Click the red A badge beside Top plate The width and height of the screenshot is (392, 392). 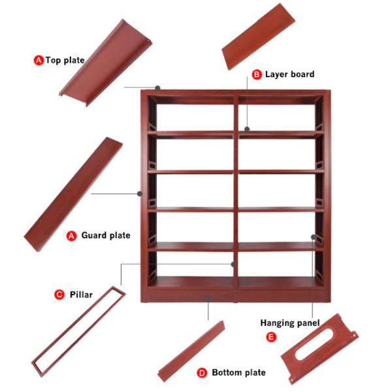[39, 60]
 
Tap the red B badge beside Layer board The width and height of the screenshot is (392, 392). [257, 74]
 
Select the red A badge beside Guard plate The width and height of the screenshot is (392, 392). [71, 236]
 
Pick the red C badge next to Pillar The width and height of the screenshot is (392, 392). [59, 295]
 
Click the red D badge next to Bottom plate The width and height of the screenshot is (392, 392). [202, 373]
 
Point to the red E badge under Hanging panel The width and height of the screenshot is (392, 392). [271, 337]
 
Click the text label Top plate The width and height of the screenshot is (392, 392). [65, 61]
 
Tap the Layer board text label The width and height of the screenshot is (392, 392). [289, 74]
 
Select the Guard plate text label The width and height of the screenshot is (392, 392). [106, 235]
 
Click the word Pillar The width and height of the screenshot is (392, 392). [81, 295]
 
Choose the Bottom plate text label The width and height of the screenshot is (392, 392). [238, 372]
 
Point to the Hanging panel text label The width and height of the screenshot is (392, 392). [290, 323]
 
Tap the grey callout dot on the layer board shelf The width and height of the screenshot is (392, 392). [247, 129]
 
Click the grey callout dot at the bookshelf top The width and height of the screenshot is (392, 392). [157, 88]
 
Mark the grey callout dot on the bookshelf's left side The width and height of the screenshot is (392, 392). [140, 193]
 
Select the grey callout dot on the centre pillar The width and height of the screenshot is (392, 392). [233, 264]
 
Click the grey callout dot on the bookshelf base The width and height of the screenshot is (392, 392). [208, 299]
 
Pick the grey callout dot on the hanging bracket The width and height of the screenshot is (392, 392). [313, 237]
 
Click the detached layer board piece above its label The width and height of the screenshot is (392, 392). [259, 37]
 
